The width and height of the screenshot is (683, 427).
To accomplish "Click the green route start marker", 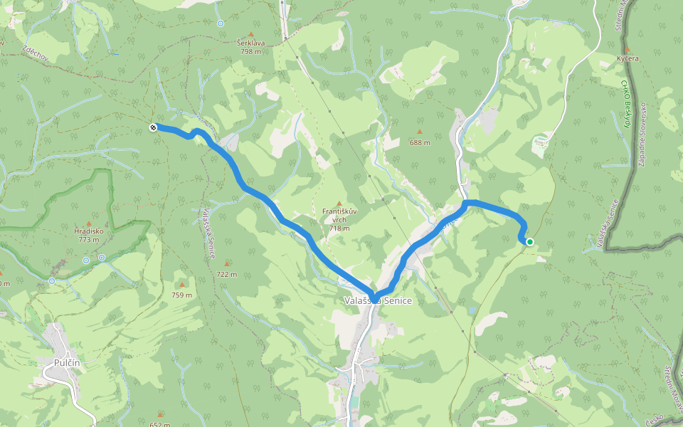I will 530,242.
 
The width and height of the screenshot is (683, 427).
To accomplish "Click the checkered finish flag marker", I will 154,127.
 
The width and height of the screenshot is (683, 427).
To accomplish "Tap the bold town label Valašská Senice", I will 378,301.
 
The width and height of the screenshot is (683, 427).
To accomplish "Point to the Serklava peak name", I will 250,43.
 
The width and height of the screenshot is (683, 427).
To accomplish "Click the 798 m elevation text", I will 250,51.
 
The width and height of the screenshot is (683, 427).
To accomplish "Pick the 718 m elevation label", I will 339,228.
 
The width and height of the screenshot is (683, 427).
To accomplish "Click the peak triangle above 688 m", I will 420,132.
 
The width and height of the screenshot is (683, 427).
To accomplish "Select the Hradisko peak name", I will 89,231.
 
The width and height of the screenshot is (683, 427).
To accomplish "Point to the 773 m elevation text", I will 89,240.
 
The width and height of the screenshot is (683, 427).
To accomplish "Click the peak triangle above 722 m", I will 227,263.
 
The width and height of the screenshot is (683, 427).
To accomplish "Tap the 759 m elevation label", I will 181,295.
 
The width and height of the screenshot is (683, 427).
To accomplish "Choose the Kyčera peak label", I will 628,58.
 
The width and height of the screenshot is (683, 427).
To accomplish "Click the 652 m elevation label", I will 160,425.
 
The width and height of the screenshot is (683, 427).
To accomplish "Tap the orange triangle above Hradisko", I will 89,223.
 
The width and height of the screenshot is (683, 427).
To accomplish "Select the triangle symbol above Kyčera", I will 628,49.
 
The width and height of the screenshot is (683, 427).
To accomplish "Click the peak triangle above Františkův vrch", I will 339,204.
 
